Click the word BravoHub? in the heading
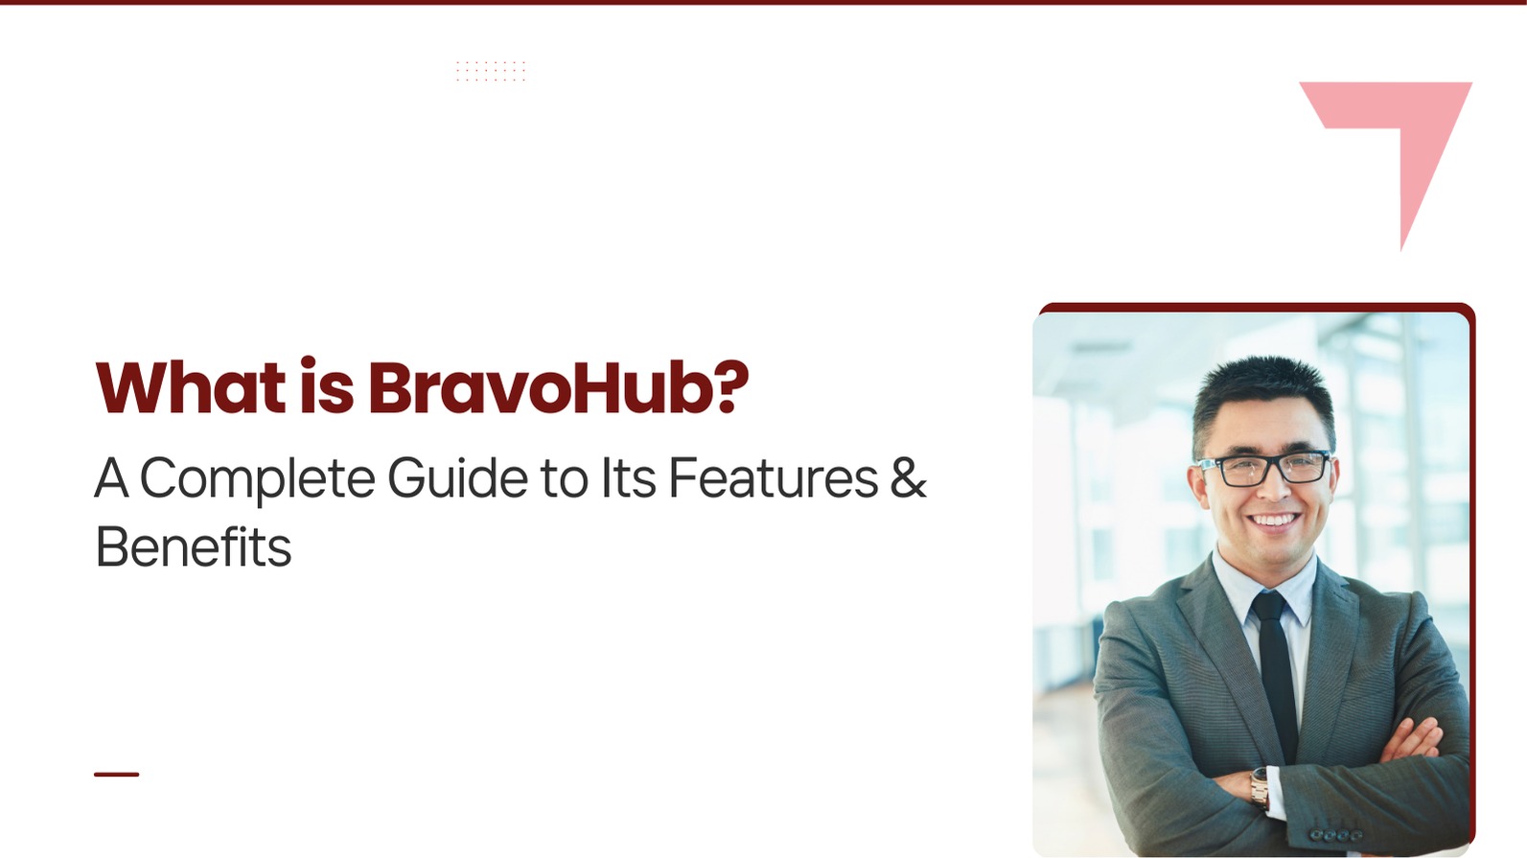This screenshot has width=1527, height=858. coord(558,386)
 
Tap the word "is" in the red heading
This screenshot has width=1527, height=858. coord(327,385)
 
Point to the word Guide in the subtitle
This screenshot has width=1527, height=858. coord(457,477)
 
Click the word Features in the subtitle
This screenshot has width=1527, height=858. coord(773,477)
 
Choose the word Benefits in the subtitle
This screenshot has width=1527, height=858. coord(194,545)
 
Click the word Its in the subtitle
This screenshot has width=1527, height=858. coord(628,477)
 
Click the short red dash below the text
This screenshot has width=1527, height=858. coord(117,775)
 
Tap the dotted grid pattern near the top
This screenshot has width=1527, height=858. coord(491,71)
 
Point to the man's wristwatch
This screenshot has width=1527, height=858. coord(1260,788)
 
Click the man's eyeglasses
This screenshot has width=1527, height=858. coord(1265,469)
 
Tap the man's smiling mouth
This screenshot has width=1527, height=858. coord(1272,522)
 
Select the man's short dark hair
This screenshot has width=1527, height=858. coord(1263,399)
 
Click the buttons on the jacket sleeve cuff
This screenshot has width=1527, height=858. coord(1336,835)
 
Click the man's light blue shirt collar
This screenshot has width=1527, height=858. coord(1265,586)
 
